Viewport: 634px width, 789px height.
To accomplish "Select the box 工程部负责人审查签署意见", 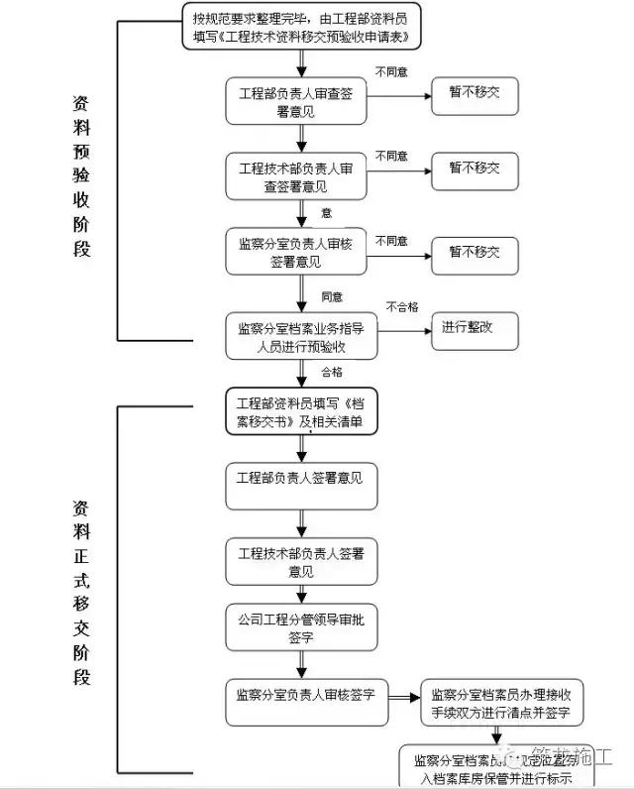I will point(295,101).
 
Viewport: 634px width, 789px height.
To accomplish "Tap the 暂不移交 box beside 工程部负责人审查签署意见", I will point(474,95).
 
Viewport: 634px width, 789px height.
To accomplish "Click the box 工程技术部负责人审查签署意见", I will point(295,178).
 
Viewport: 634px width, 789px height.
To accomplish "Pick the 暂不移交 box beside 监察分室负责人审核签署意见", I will point(474,252).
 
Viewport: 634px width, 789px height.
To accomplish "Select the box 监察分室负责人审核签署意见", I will point(295,253).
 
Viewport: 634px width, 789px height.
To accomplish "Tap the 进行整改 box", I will point(474,328).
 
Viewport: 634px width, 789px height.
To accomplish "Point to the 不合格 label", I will point(401,306).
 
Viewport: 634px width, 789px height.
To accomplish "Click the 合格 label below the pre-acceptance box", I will point(331,372).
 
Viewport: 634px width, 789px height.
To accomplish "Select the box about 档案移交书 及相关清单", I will point(301,413).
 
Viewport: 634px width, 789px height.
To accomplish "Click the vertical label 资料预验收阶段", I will point(81,176).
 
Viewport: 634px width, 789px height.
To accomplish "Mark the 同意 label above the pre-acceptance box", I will point(331,296).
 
